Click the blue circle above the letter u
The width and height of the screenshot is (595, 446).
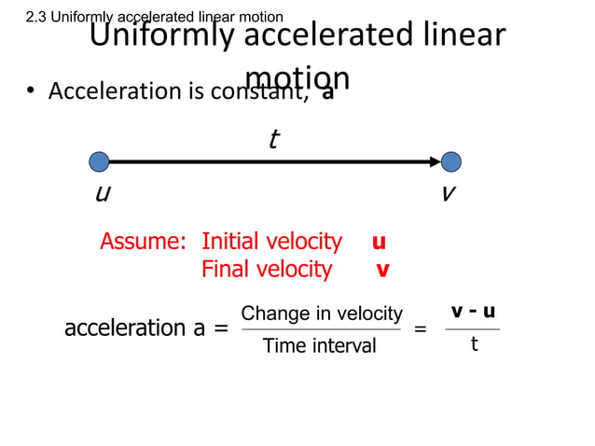click(x=99, y=161)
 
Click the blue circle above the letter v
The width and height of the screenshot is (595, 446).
click(x=451, y=161)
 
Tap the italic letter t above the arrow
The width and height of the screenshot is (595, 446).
click(x=272, y=140)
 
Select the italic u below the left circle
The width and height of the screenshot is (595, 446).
click(x=103, y=193)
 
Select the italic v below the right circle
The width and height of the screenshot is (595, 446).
click(x=449, y=193)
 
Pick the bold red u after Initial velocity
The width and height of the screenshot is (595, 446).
click(x=379, y=243)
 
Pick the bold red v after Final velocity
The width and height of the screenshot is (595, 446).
click(x=382, y=271)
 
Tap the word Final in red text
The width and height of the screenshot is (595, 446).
click(x=226, y=270)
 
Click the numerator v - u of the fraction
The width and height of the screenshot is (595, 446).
click(x=473, y=312)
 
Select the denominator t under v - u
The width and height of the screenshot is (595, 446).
click(x=474, y=344)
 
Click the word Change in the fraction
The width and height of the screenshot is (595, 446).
click(x=269, y=314)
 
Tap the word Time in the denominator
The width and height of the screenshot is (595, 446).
click(x=283, y=346)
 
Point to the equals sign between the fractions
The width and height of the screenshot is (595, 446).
click(x=421, y=329)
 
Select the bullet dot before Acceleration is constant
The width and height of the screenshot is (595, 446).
click(x=31, y=91)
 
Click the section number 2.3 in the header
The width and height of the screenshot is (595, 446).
click(x=36, y=17)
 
